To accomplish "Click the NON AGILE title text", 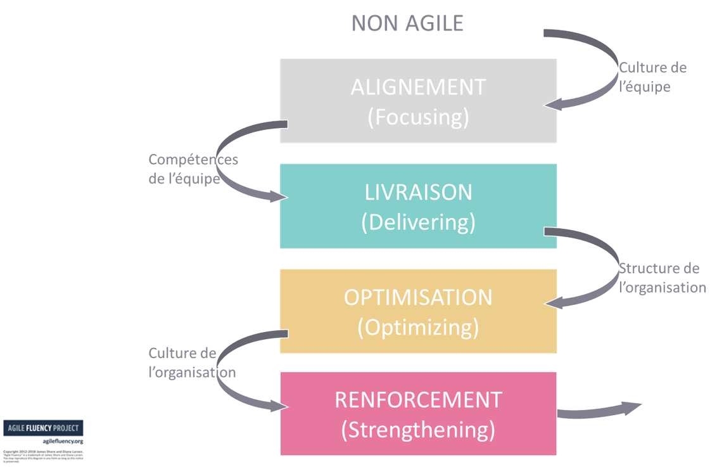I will click(x=407, y=23).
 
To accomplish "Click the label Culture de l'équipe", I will click(x=652, y=77).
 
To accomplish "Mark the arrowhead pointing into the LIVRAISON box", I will click(x=277, y=198).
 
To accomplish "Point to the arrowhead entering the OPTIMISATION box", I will click(x=555, y=304).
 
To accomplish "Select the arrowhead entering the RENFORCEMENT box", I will click(x=277, y=405).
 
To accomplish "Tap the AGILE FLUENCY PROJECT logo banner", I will click(x=44, y=428).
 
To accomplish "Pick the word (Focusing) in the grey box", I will click(x=418, y=118).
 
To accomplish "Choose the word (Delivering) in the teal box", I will click(x=418, y=222).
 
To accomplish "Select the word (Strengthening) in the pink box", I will click(x=418, y=429).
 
